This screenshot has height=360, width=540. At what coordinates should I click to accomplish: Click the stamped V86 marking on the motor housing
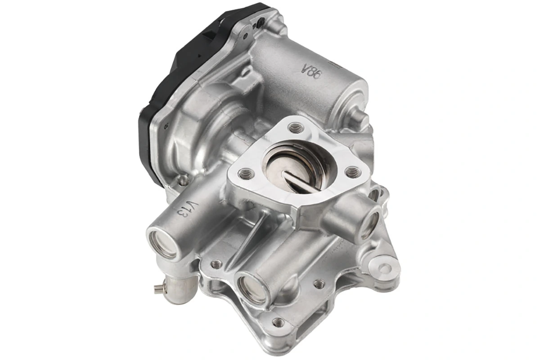[x=310, y=71]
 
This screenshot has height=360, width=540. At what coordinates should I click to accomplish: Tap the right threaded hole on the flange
[x=353, y=171]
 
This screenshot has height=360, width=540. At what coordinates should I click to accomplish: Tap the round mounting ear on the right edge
[x=384, y=268]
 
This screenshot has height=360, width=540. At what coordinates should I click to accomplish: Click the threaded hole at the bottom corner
[x=279, y=322]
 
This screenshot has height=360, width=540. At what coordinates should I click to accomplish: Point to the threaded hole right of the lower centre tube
[x=319, y=283]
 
